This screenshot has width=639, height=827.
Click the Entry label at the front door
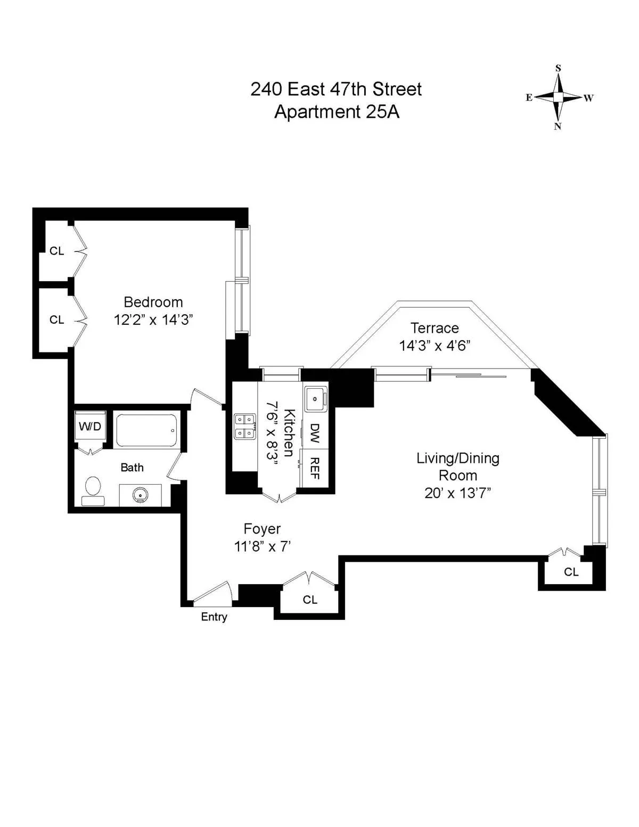(214, 617)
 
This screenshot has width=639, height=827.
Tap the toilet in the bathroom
(93, 490)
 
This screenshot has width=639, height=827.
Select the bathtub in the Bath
(146, 430)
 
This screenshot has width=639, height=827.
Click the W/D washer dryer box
(90, 426)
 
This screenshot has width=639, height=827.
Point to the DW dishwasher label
(315, 433)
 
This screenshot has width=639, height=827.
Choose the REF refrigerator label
(315, 468)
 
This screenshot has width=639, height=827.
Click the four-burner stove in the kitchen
(245, 427)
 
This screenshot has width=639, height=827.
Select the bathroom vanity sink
(141, 495)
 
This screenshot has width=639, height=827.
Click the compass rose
(558, 97)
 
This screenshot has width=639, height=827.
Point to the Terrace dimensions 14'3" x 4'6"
(435, 346)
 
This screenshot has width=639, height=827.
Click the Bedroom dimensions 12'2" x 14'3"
(153, 320)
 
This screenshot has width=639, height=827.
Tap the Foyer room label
(262, 529)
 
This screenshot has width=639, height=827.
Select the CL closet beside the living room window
(571, 572)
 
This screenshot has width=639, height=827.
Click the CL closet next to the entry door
(310, 600)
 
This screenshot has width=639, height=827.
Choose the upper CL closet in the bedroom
(57, 251)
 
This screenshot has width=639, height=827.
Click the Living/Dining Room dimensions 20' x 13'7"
(457, 493)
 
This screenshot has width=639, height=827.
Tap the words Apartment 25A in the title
(337, 112)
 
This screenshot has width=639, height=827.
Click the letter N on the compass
(558, 126)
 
